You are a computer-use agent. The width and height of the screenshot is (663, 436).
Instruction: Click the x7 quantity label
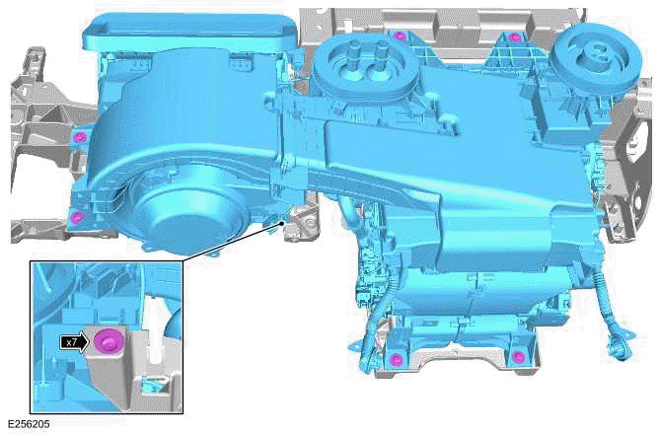coord(70,342)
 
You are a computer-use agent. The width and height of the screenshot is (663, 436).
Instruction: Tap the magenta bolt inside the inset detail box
coord(107,341)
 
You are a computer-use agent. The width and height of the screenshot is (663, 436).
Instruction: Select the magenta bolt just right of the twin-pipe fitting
coord(398,37)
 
